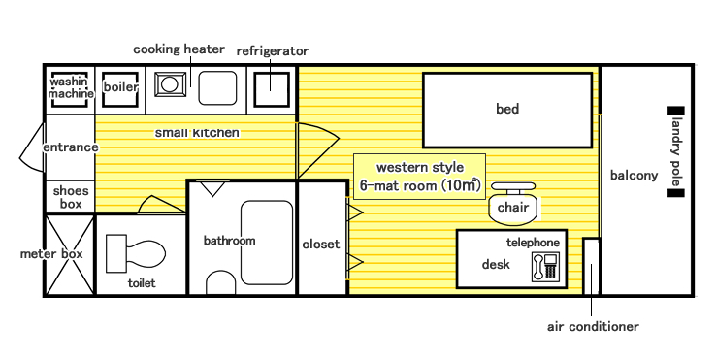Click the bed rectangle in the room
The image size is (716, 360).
[x=507, y=110]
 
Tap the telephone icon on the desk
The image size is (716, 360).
[x=545, y=267]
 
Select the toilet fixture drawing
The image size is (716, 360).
[x=136, y=253]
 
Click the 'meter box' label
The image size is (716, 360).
[x=51, y=254]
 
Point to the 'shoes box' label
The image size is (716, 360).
[x=71, y=197]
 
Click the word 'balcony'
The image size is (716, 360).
[x=634, y=176]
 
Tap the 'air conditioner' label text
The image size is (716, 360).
[x=593, y=327]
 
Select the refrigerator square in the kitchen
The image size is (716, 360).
[x=272, y=89]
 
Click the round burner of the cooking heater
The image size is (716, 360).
[x=170, y=84]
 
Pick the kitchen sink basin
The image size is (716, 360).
[x=217, y=87]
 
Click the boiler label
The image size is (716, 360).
[x=120, y=86]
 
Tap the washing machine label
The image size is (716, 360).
[x=71, y=87]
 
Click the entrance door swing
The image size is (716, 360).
[x=32, y=147]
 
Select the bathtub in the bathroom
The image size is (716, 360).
[x=267, y=243]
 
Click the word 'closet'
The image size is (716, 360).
[x=321, y=245]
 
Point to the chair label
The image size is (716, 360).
[x=513, y=208]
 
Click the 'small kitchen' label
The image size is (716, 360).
[x=197, y=133]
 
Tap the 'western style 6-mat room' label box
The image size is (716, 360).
[x=419, y=177]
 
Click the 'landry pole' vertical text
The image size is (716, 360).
[x=676, y=151]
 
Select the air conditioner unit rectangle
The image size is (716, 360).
[x=591, y=266]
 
